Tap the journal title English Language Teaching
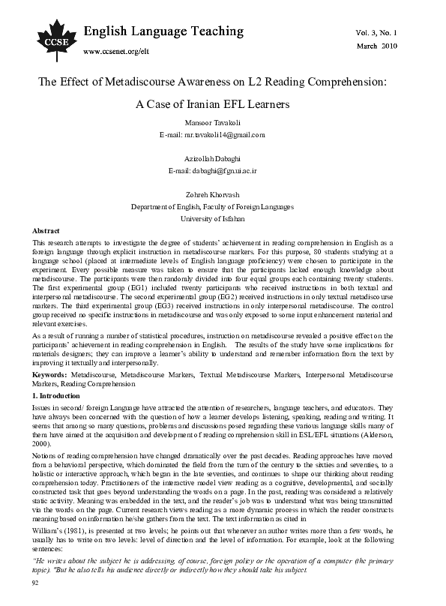pos(163,31)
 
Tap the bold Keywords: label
pos(52,373)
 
